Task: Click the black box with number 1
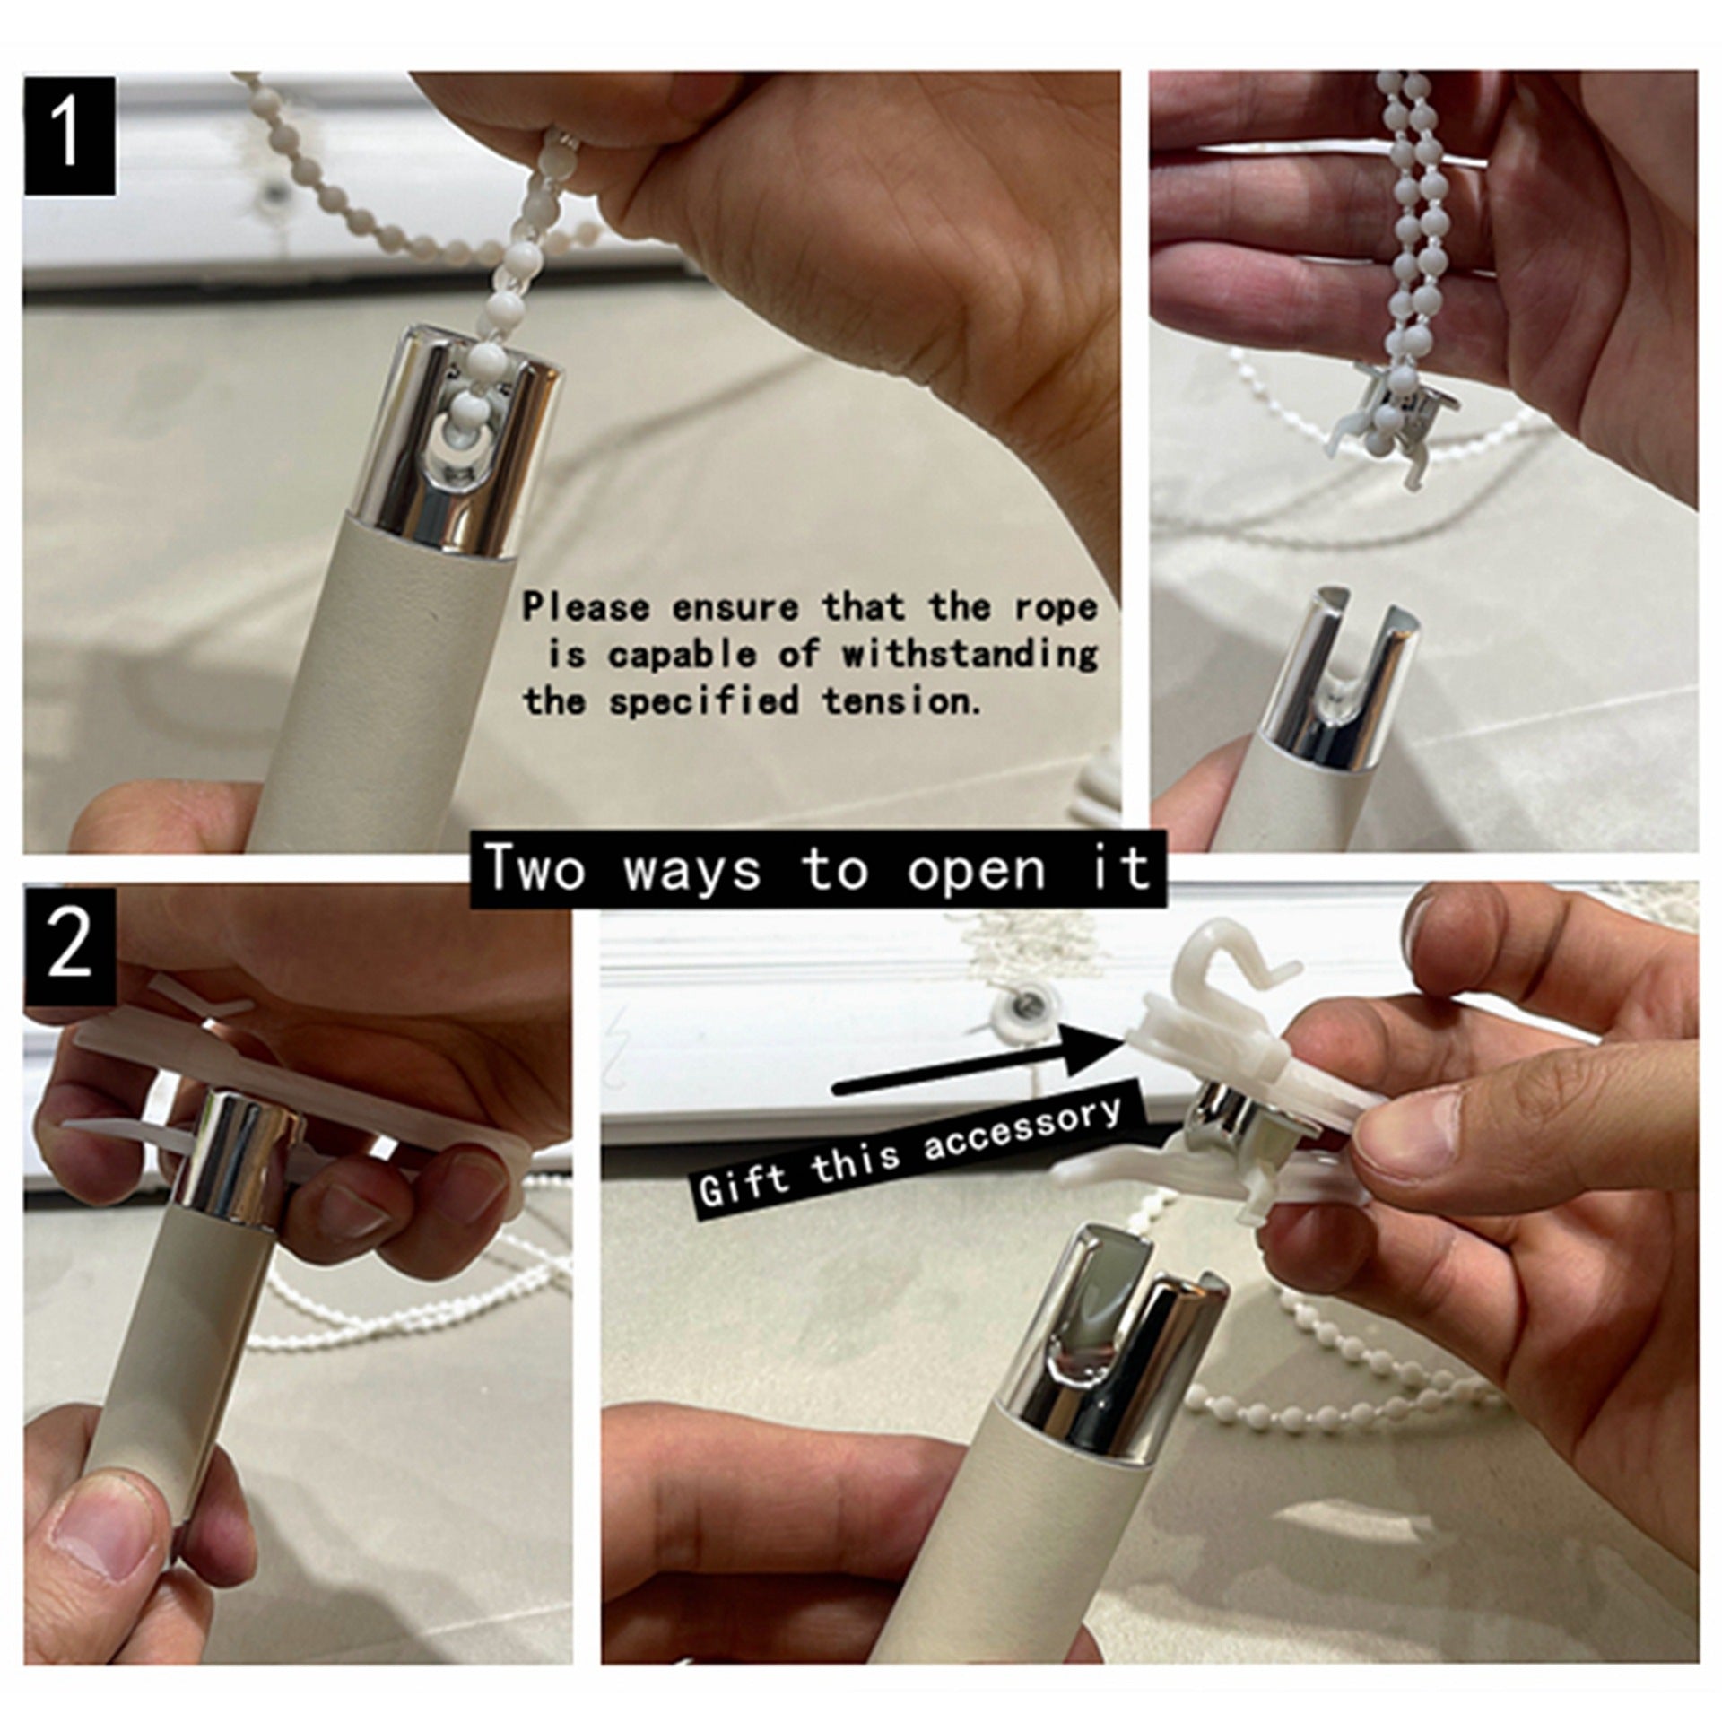pos(70,135)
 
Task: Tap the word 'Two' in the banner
pos(534,867)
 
